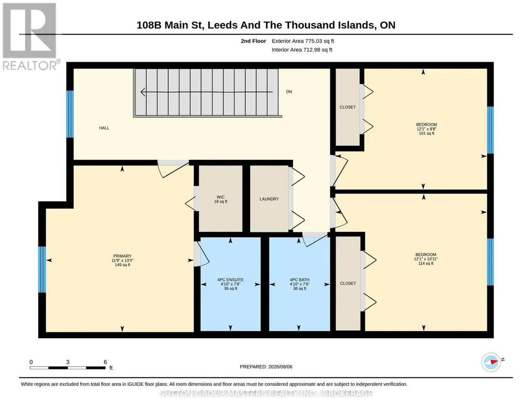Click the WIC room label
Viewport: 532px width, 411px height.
(221, 197)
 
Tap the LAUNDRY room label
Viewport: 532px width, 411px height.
(269, 199)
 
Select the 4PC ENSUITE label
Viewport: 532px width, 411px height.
(230, 280)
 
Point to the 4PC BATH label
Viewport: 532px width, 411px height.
(299, 280)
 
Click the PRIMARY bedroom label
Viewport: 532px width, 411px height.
(122, 256)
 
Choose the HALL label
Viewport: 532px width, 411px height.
(104, 128)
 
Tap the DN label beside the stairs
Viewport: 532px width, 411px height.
(289, 91)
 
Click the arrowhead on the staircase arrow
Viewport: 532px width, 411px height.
(143, 92)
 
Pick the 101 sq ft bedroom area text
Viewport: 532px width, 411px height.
(427, 133)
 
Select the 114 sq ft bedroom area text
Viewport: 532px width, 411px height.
(426, 263)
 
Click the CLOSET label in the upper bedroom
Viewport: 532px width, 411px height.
(348, 107)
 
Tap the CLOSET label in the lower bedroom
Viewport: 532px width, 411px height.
(348, 283)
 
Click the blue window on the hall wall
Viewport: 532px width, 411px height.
(70, 114)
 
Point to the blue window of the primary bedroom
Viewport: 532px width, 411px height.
(42, 269)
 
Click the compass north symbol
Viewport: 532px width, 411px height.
(492, 362)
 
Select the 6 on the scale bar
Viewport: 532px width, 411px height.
(105, 362)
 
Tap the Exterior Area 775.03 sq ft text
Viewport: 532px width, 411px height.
(303, 41)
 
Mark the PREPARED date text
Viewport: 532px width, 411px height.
(266, 366)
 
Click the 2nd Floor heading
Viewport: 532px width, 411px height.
(253, 41)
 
